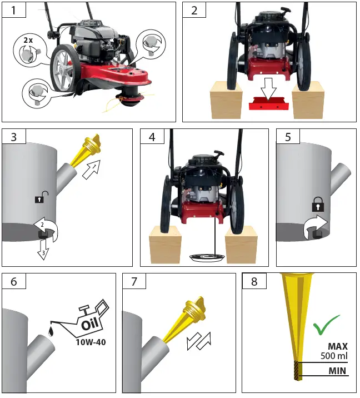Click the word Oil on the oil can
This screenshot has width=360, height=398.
click(x=90, y=324)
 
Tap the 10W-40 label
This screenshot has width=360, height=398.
click(x=91, y=342)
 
